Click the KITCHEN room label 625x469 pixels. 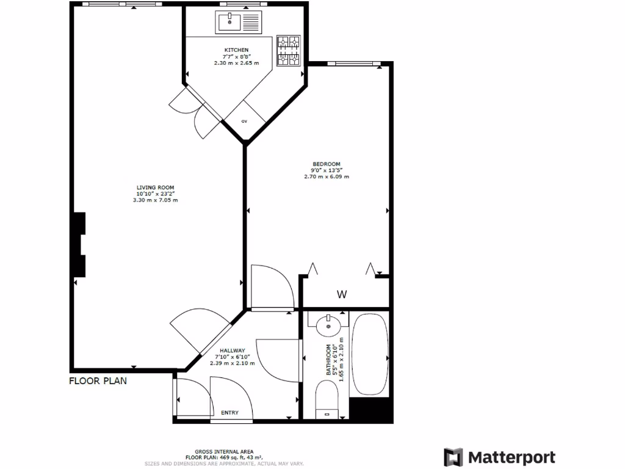(236, 50)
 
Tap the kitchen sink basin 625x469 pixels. (230, 23)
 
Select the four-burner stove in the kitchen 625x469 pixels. (289, 50)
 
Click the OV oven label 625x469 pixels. (244, 122)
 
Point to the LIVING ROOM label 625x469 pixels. (156, 187)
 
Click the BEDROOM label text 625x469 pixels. (326, 164)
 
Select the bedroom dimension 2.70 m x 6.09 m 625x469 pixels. (326, 177)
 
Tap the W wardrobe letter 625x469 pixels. (342, 294)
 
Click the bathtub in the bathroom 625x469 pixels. (370, 354)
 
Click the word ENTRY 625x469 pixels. (229, 413)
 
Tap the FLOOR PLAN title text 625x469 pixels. (98, 381)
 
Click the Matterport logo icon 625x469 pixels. (453, 457)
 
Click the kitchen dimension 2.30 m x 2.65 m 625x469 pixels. (236, 63)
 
